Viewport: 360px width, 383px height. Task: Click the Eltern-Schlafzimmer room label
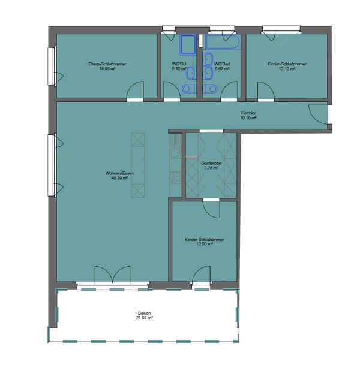click(x=107, y=64)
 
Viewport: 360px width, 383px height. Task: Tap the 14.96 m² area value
click(x=107, y=69)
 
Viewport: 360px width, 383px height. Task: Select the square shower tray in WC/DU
click(x=188, y=44)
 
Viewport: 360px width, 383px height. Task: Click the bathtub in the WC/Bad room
click(x=223, y=42)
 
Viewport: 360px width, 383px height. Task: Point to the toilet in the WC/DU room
click(x=189, y=89)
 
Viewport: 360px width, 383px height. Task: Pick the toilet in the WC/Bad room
click(x=210, y=89)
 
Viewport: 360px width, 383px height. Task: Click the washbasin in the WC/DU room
click(x=191, y=73)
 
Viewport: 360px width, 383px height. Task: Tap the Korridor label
click(x=248, y=113)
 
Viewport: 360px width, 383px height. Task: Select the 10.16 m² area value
click(x=248, y=118)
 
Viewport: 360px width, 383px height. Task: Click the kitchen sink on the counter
click(x=175, y=153)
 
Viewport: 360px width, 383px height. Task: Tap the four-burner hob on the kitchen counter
click(x=176, y=178)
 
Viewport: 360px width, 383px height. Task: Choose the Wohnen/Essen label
click(x=119, y=173)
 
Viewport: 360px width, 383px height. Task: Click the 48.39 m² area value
click(x=119, y=178)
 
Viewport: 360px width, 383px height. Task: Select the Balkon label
click(x=144, y=313)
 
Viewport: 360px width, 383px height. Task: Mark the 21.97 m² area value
click(x=144, y=318)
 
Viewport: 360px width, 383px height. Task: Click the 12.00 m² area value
click(x=205, y=245)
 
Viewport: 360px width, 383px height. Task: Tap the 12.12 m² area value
click(x=287, y=69)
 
